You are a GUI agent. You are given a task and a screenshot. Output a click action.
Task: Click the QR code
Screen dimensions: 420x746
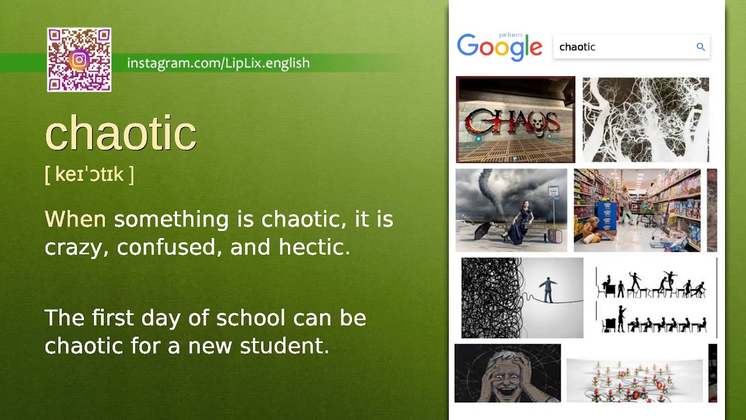coord(79,60)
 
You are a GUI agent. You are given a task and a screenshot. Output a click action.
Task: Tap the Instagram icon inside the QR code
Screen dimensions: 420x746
coord(79,60)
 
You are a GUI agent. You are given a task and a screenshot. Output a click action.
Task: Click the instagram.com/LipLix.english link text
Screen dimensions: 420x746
coord(218,63)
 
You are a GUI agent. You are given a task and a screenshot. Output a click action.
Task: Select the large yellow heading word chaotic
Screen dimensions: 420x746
coord(121,134)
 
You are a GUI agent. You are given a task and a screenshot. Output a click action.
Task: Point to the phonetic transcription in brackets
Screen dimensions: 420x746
coord(89,174)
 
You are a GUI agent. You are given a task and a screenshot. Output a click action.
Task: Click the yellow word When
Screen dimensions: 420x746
coord(75,219)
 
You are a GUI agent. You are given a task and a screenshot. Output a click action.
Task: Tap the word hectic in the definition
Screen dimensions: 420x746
coord(314,247)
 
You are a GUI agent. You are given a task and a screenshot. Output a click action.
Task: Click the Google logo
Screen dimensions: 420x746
coord(499,47)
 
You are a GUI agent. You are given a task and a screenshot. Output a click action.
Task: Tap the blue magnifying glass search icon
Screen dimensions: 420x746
coord(701,47)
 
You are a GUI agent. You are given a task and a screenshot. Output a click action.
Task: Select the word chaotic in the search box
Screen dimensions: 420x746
coord(577,47)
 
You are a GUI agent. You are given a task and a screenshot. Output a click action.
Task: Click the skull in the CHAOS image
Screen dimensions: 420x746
coord(534,122)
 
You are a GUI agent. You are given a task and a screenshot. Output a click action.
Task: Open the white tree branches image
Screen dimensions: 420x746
coord(646,120)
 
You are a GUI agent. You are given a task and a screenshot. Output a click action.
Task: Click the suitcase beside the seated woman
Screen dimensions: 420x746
coord(555,235)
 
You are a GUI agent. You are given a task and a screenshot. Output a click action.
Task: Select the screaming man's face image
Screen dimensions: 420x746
coord(508,373)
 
